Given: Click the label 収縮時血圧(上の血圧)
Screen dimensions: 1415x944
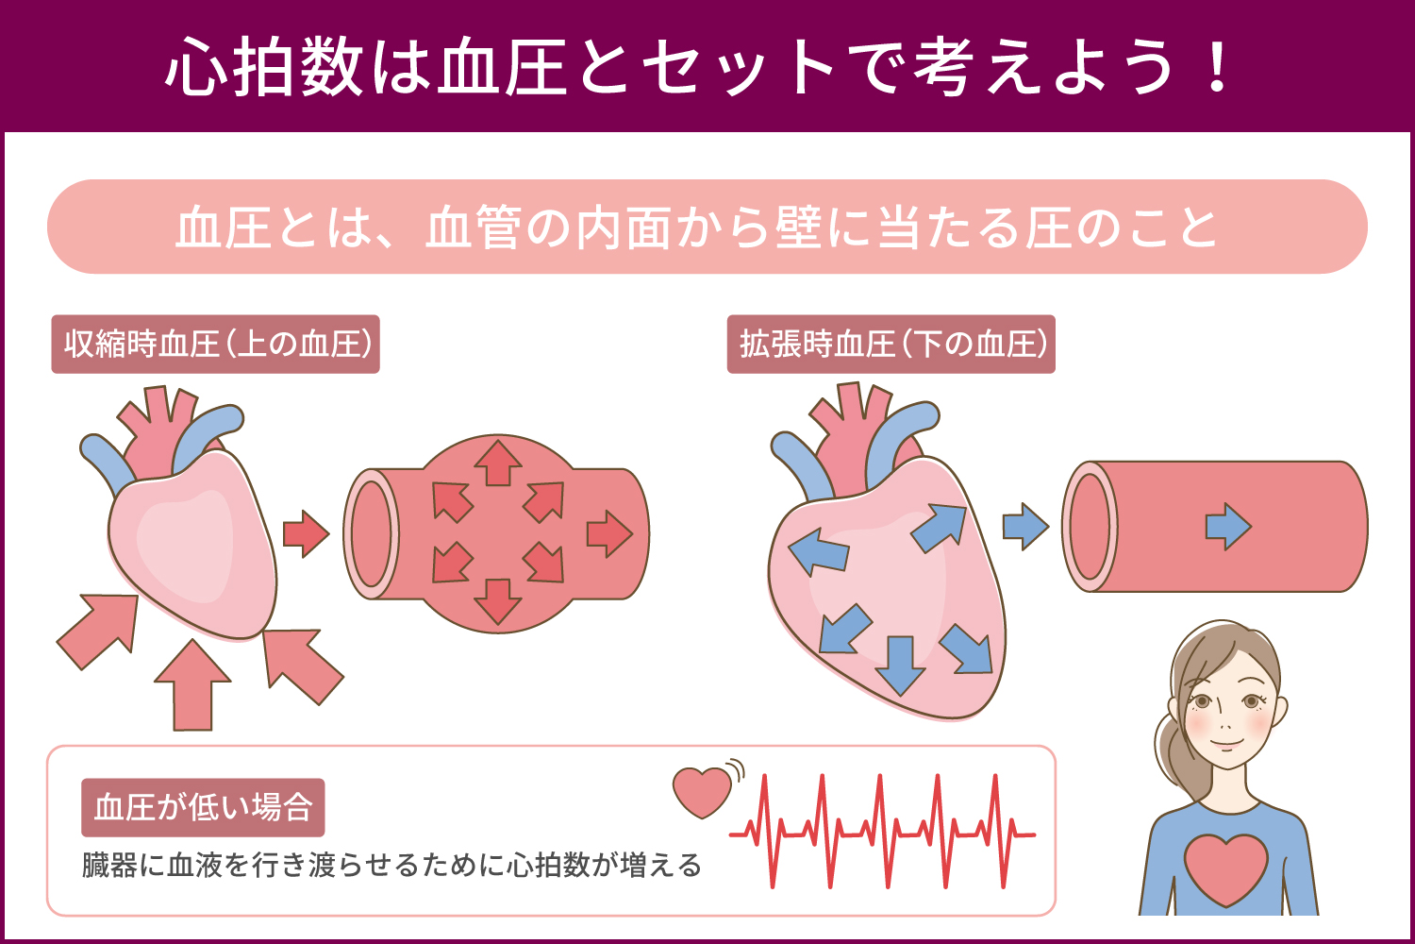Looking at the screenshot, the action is (215, 344).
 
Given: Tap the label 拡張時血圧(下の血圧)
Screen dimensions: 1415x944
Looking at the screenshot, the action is (891, 344).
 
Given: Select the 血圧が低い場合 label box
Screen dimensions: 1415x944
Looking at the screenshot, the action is (203, 807).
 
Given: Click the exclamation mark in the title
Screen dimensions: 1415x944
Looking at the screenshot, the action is (1217, 65).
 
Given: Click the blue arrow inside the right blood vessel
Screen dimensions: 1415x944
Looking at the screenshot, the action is (1228, 526).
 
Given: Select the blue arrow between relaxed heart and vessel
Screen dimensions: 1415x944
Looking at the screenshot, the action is (1025, 526).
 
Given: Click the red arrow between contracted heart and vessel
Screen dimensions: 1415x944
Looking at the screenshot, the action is (306, 533).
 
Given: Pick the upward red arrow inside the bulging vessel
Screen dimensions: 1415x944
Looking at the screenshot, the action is (498, 463).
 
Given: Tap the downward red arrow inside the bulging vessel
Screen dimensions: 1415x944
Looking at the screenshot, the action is (498, 602).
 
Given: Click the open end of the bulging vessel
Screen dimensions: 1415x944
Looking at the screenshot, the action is (372, 533).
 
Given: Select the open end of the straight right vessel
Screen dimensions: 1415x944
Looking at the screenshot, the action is (1090, 526).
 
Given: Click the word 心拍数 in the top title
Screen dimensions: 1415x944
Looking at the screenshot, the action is (264, 66).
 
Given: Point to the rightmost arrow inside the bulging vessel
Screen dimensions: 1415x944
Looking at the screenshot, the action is (609, 533).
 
